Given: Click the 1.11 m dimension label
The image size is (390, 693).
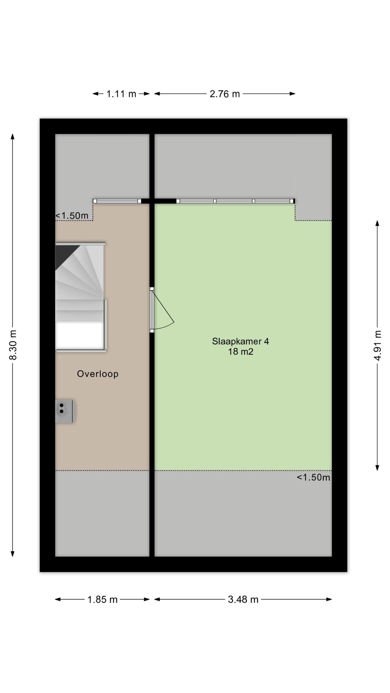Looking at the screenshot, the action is pyautogui.click(x=121, y=94).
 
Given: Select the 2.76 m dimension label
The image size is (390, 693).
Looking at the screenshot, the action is pyautogui.click(x=225, y=94).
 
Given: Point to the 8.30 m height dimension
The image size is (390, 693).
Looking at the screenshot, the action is pyautogui.click(x=13, y=345).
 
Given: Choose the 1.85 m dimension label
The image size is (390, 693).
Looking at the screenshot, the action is pyautogui.click(x=102, y=600).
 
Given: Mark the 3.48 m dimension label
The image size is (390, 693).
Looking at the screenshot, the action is pyautogui.click(x=243, y=600).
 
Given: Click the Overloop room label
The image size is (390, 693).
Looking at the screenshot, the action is pyautogui.click(x=98, y=374).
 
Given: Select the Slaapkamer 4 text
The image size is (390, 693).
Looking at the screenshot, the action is pyautogui.click(x=240, y=341).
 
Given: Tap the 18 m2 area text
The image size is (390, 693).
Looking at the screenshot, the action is pyautogui.click(x=240, y=352).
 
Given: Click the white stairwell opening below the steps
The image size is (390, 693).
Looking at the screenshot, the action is pyautogui.click(x=80, y=335).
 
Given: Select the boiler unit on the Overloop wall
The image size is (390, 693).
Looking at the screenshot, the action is pyautogui.click(x=65, y=411).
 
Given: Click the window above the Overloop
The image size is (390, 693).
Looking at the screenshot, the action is pyautogui.click(x=117, y=201).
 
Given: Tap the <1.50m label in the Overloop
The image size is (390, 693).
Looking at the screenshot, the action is pyautogui.click(x=72, y=216).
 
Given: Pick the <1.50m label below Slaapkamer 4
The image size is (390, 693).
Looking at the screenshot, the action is pyautogui.click(x=313, y=477).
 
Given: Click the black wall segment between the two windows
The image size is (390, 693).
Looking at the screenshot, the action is pyautogui.click(x=159, y=201).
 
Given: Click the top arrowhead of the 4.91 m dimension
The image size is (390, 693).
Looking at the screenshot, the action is pyautogui.click(x=377, y=223).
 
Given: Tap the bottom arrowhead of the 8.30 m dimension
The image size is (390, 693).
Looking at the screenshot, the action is pyautogui.click(x=12, y=554).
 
